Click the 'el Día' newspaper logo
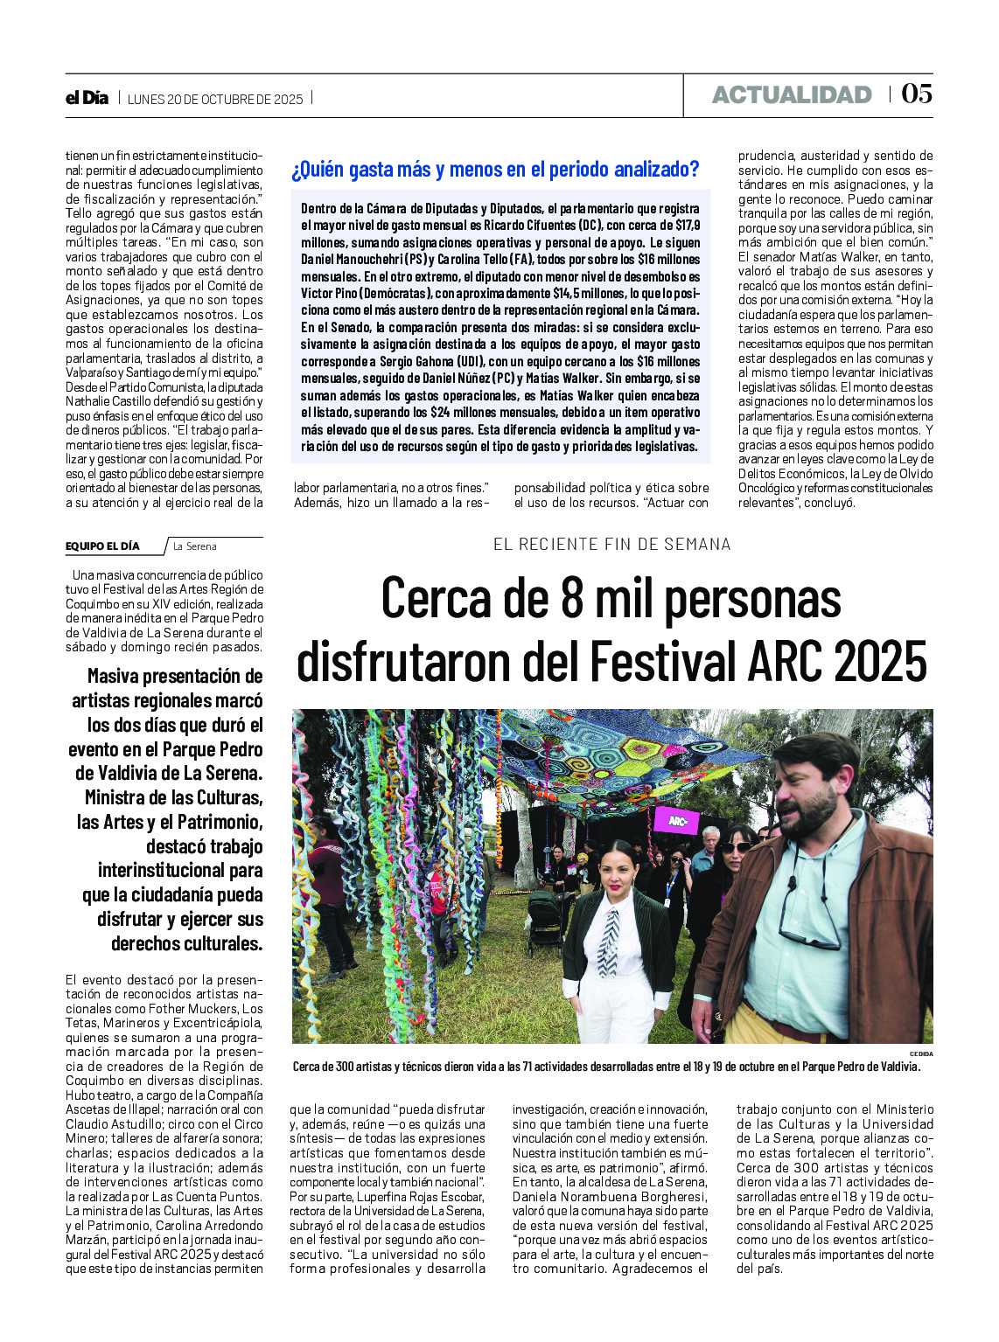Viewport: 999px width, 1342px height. pos(87,98)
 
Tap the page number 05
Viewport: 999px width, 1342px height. pos(917,94)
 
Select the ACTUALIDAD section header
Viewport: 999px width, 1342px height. pos(792,94)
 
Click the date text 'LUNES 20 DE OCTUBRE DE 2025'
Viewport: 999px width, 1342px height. pos(215,99)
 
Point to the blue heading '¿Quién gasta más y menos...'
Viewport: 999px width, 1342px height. pos(495,170)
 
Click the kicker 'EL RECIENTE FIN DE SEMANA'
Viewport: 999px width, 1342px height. pos(611,544)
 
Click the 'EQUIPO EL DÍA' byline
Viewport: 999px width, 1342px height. pos(102,546)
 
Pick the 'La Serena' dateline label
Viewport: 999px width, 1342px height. pos(194,546)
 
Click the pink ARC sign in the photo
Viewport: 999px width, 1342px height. pos(677,821)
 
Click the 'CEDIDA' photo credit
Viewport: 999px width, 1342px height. pos(921,1053)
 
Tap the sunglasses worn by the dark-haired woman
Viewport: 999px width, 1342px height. pos(736,847)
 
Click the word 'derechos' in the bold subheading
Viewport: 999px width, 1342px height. pos(147,944)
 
